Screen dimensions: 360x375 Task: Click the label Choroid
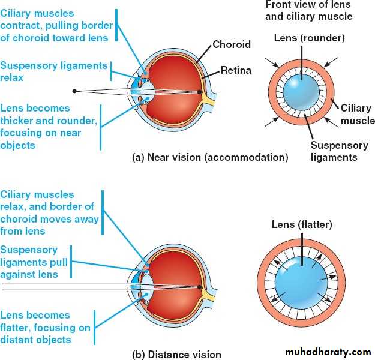tap(232, 44)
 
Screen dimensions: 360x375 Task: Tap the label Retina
tap(235, 70)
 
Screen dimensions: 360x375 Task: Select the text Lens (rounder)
tap(309, 38)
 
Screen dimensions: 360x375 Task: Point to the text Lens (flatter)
tap(302, 224)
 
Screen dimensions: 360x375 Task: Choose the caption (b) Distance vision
tap(176, 354)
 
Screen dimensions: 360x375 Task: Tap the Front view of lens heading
tap(308, 11)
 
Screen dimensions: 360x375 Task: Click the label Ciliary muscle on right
tap(357, 115)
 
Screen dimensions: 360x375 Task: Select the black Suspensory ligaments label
tap(334, 151)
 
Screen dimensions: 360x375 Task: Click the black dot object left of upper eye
tap(74, 91)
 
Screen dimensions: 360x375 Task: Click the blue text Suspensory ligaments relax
tap(54, 71)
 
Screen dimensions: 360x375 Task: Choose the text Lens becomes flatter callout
tap(45, 327)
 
